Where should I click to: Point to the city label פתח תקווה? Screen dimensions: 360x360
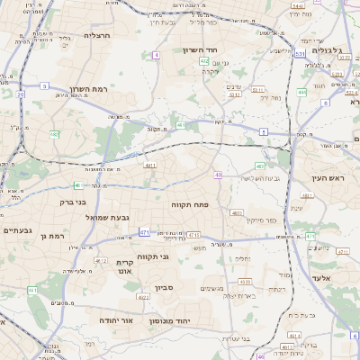190,205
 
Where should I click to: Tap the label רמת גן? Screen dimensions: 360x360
54,235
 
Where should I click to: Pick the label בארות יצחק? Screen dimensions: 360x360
238,295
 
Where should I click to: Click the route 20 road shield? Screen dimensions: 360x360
20,93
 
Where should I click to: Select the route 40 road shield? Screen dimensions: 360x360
218,174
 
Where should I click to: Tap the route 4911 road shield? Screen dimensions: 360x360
149,165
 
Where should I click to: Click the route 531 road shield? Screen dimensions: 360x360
234,93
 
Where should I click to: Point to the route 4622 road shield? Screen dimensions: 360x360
143,296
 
